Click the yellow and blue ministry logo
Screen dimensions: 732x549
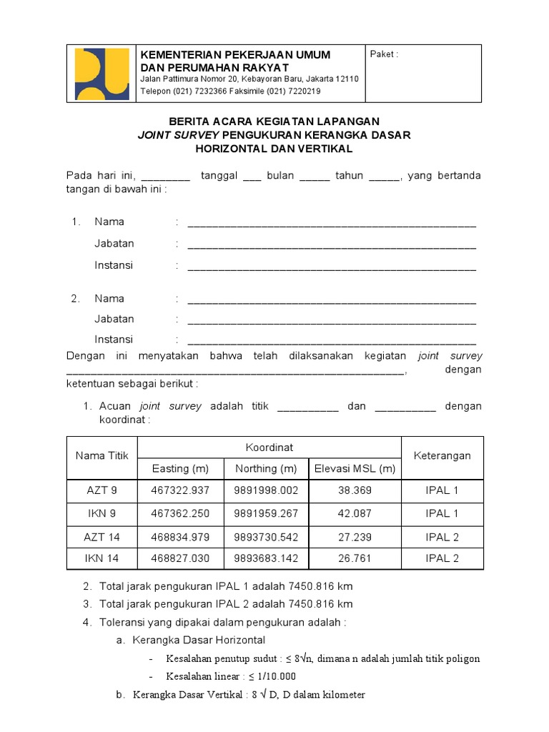(102, 74)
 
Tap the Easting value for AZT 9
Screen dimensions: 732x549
(180, 490)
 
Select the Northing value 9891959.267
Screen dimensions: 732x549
(265, 513)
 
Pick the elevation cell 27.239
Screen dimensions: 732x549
(355, 537)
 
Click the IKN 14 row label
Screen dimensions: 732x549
(102, 558)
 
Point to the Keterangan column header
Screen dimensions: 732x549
(442, 455)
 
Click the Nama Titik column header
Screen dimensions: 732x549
(102, 455)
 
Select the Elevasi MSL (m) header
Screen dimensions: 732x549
(355, 469)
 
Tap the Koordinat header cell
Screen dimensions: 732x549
(269, 447)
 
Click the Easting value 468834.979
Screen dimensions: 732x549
(180, 537)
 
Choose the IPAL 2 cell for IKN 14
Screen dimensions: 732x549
(442, 558)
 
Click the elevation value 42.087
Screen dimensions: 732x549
(355, 513)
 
